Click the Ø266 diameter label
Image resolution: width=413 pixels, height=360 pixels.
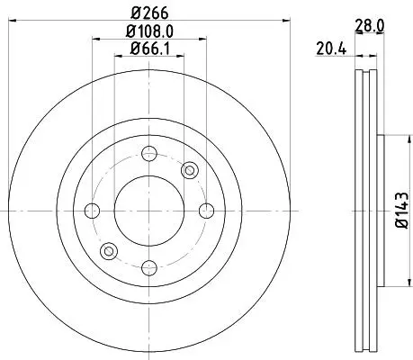[x=149, y=13]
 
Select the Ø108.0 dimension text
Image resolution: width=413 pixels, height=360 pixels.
[x=149, y=31]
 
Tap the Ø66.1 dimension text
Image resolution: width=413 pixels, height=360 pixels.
[x=149, y=49]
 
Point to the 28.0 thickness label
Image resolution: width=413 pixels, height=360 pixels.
[x=369, y=26]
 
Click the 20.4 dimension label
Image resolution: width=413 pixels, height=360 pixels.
[x=331, y=49]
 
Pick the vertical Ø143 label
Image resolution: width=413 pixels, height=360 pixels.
[x=402, y=211]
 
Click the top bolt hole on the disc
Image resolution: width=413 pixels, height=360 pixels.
[x=149, y=154]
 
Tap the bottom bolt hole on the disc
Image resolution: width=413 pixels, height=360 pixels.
[x=149, y=268]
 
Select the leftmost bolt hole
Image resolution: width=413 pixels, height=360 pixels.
[x=92, y=211]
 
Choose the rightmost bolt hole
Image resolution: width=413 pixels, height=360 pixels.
[x=206, y=211]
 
